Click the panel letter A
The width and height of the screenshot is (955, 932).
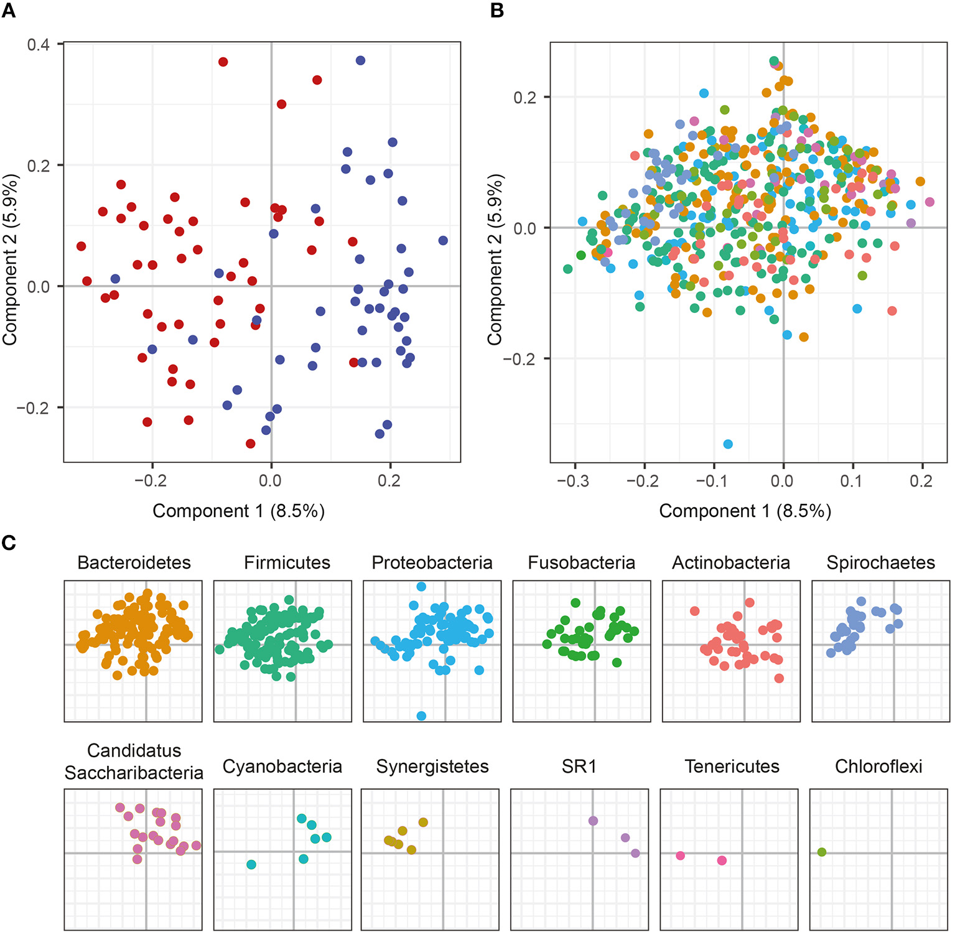9,11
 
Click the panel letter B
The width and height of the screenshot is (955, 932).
497,11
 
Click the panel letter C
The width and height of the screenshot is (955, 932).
9,543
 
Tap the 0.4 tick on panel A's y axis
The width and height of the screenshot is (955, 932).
39,45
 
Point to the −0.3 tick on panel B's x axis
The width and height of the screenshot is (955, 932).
573,481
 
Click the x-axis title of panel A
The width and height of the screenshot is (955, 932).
238,511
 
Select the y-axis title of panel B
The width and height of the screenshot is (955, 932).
495,260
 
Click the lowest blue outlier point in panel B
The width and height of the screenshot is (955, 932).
728,444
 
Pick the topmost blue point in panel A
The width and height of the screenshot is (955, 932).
360,60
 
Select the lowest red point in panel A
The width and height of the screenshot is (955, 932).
250,444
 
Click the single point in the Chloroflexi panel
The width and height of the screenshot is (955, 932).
822,852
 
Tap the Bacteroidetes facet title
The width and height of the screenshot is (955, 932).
134,562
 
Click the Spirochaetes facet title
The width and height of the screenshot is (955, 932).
880,562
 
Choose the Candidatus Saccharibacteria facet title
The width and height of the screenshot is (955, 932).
134,762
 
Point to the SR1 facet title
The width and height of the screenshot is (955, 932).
579,767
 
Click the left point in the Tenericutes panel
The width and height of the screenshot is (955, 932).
681,856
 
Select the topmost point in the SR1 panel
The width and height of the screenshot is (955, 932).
593,821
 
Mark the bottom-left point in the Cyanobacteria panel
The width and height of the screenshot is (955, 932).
251,865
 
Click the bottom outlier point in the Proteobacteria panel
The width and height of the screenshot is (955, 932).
421,716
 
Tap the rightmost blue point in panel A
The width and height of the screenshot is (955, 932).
443,240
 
